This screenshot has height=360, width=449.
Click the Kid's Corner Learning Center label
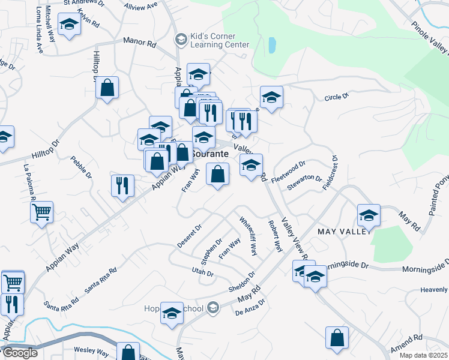[219, 40]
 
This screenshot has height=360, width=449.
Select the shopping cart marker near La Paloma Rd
[41, 211]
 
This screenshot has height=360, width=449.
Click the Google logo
[20, 353]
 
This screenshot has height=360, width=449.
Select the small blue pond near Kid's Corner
[273, 45]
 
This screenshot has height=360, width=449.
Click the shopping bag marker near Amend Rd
[337, 337]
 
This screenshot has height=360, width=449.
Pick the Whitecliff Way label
[249, 236]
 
